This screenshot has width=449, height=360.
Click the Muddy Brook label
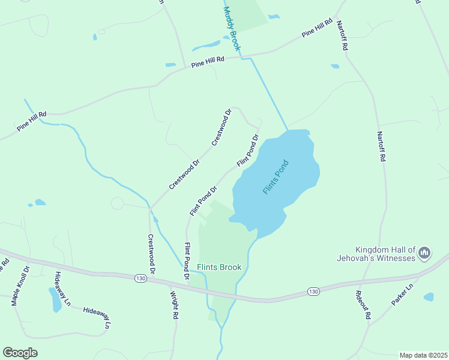click(x=231, y=28)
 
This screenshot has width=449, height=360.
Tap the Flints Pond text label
click(x=276, y=176)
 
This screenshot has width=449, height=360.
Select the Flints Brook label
click(x=219, y=267)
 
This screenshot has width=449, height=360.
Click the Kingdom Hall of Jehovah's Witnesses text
click(x=385, y=254)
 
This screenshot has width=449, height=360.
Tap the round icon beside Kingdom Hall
click(x=424, y=253)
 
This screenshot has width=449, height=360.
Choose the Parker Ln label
click(x=402, y=295)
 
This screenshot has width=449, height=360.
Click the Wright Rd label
click(x=174, y=305)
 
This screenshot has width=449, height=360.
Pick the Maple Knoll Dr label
click(x=20, y=286)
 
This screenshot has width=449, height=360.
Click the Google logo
click(x=20, y=353)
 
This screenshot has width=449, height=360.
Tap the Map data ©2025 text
click(x=423, y=355)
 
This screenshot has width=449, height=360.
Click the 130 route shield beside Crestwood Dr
click(x=140, y=278)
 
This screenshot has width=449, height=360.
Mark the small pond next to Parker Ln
click(x=428, y=296)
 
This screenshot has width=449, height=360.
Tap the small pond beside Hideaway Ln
click(x=55, y=299)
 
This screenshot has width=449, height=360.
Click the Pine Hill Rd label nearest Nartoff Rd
click(x=317, y=28)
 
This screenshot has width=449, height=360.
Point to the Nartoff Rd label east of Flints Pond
click(x=381, y=146)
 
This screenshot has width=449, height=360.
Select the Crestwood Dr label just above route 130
click(x=151, y=254)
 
